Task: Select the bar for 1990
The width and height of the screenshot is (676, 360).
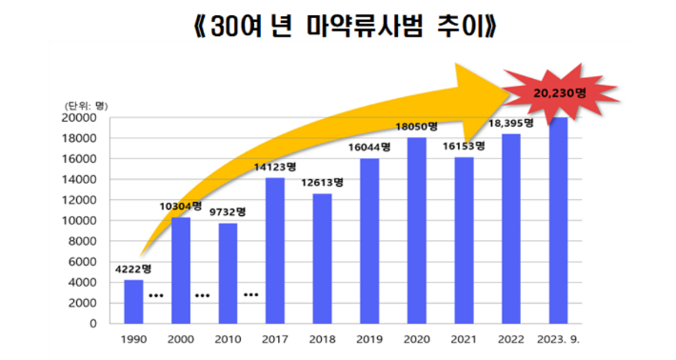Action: [x=134, y=301]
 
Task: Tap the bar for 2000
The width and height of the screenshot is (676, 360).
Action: [x=181, y=270]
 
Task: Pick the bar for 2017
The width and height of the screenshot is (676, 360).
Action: [x=275, y=250]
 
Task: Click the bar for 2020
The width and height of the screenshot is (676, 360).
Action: [x=417, y=230]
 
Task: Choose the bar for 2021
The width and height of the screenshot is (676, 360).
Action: [x=464, y=240]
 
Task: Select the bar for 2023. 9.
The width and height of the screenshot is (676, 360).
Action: [x=558, y=220]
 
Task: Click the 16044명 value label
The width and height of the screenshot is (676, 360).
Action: [x=368, y=148]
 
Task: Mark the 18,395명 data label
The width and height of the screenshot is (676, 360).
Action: [x=511, y=123]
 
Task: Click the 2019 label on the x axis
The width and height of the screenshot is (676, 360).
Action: [x=369, y=339]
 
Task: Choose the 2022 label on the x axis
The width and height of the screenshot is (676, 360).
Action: [x=511, y=339]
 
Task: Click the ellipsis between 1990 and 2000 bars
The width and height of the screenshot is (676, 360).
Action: [x=157, y=295]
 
